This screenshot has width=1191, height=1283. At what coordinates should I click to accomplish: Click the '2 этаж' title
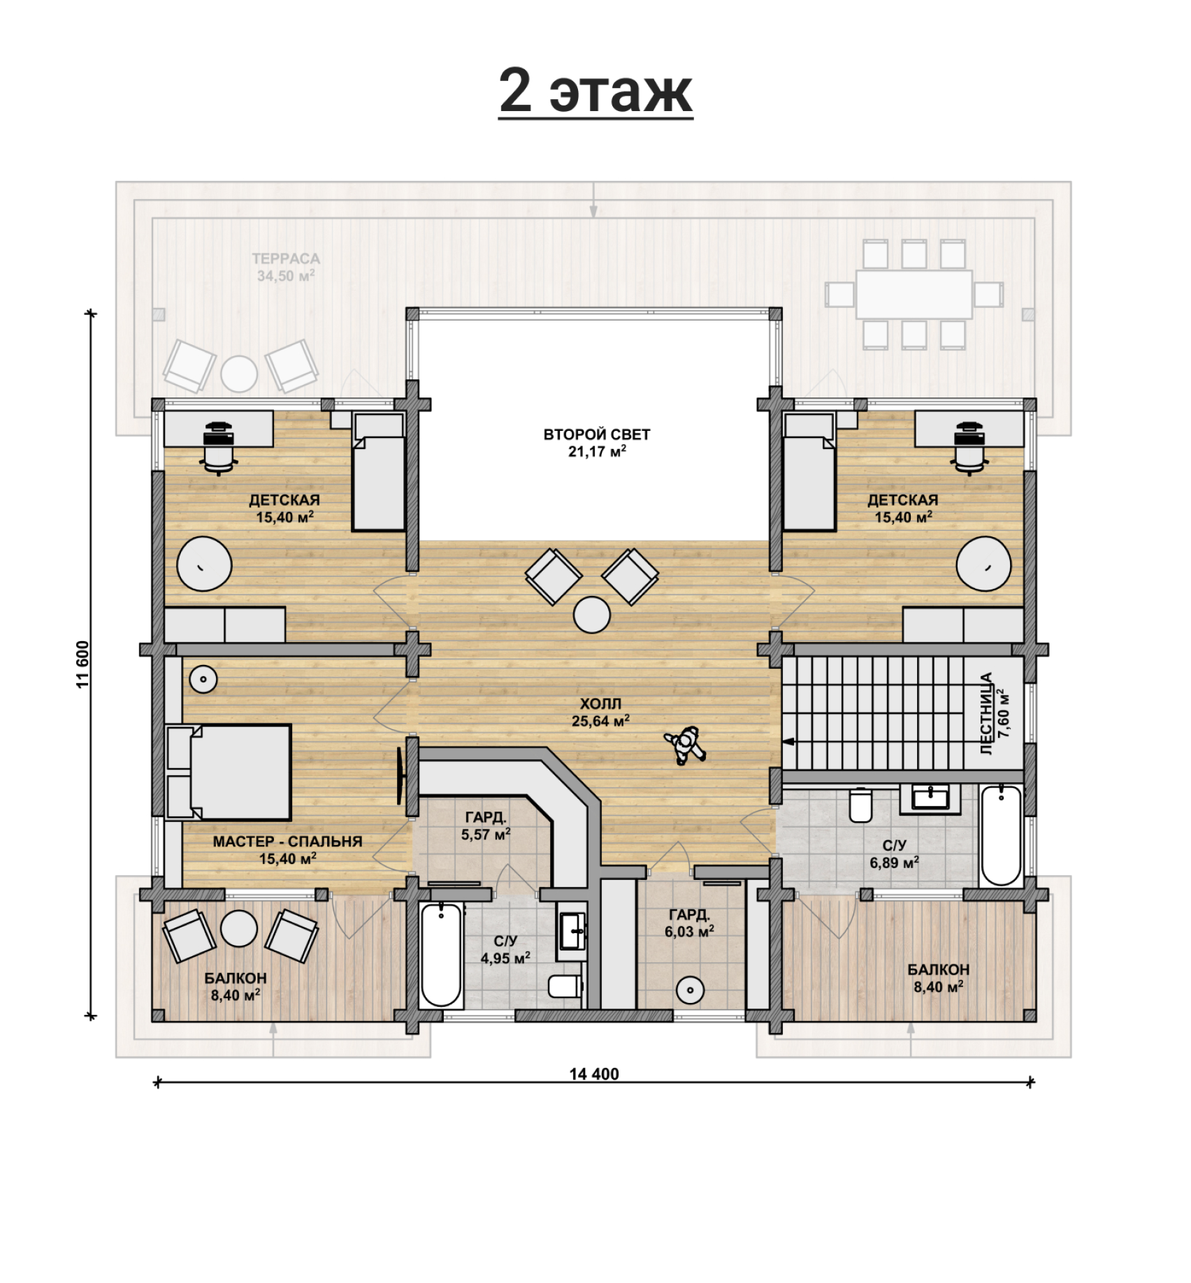coord(595,91)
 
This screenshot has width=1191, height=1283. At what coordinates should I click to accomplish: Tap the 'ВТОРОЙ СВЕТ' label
coord(597,434)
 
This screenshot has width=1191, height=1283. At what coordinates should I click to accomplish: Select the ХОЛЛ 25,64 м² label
coord(600,712)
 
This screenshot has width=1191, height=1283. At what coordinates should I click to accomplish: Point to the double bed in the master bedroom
coord(229,772)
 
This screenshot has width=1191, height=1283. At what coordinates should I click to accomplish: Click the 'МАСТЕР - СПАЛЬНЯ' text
coord(287,842)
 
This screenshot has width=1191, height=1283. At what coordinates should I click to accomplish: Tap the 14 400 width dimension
coord(594,1074)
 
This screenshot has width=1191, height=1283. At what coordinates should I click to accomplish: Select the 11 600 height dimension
coord(83,664)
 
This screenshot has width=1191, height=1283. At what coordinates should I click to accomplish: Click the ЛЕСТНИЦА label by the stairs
coord(986,713)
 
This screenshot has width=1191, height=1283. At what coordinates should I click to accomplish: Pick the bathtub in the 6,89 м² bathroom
coord(1001,836)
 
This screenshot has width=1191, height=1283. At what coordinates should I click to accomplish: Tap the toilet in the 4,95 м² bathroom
coord(565,986)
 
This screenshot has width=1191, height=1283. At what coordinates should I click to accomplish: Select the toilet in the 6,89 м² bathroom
coord(860,805)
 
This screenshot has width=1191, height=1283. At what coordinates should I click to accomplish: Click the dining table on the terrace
coord(914,295)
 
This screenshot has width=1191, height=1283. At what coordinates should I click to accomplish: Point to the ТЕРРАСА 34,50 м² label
coord(286,267)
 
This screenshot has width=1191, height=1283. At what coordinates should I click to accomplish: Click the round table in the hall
coord(592,615)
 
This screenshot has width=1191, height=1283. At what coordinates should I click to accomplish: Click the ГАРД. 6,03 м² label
coord(689,923)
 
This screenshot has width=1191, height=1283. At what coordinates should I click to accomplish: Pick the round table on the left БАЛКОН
coord(240,928)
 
